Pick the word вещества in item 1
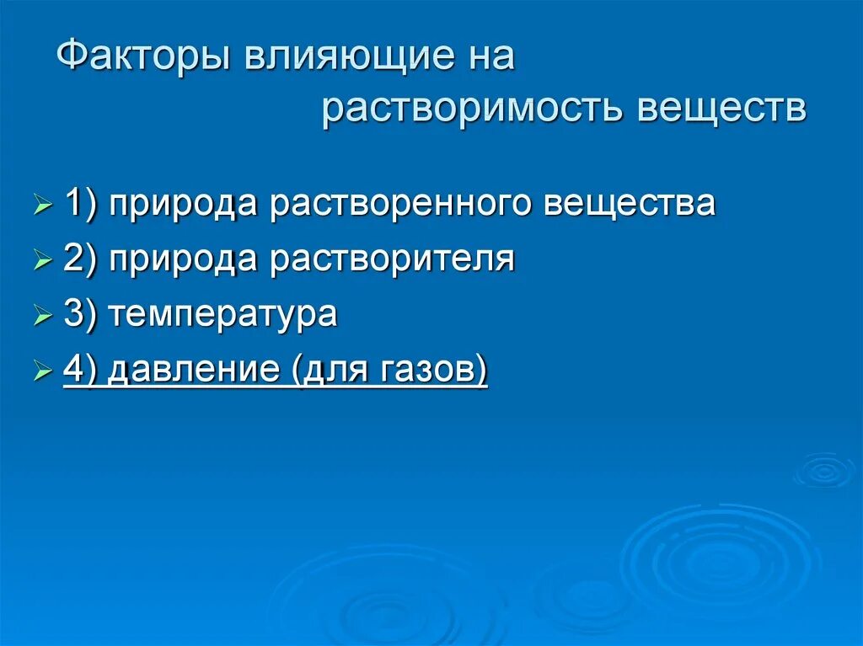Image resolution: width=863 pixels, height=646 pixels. (x=630, y=205)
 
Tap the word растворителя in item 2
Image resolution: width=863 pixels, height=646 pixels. (x=392, y=259)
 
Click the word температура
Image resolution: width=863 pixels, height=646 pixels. (x=222, y=315)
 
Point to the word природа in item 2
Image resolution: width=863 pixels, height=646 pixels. (x=185, y=259)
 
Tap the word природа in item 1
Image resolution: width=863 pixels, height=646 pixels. (x=185, y=205)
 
